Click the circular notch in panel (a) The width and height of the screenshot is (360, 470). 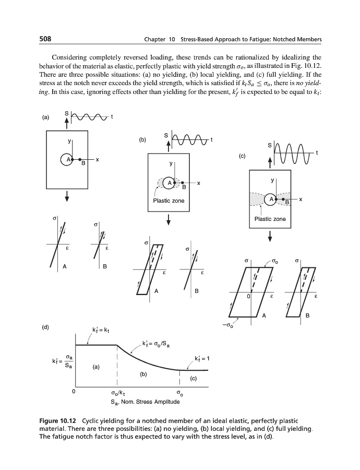coord(66,159)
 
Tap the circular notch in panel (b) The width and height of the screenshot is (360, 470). coord(169,182)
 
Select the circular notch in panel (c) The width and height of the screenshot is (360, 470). coord(271,198)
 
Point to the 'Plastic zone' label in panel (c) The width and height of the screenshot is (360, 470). coord(270,219)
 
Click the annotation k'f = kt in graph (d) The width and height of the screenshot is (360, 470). coord(100,330)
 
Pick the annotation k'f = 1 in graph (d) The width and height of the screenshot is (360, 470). coord(201,358)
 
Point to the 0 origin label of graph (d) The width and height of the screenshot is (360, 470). coord(74,391)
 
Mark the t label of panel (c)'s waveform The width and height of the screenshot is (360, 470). coord(317,152)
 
